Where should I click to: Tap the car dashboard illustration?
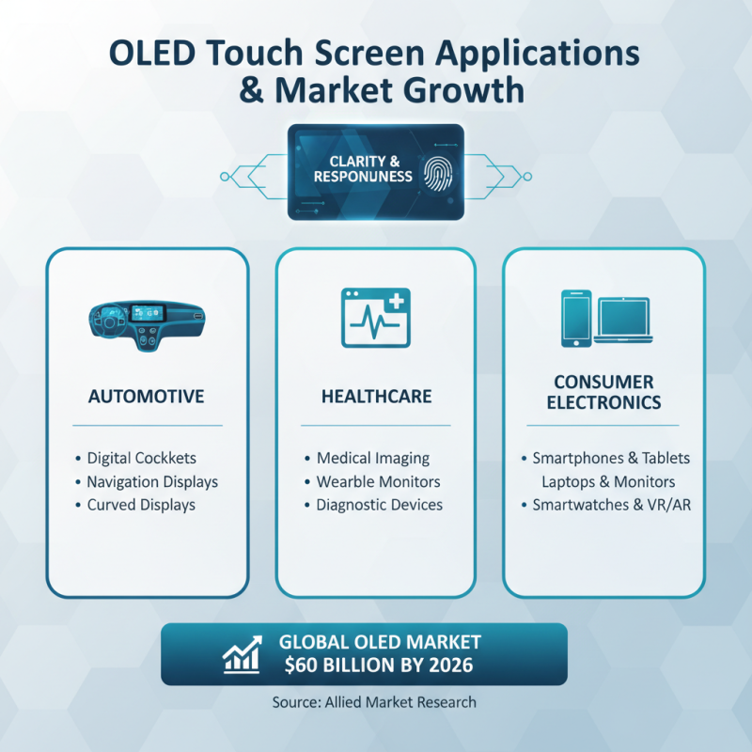coord(146,321)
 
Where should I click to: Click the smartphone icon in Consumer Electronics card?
coord(574,318)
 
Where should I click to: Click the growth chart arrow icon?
coord(242,655)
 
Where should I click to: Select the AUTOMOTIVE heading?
coord(146,397)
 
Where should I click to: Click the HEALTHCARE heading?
coord(375,397)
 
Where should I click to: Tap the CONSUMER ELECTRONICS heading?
coord(603,393)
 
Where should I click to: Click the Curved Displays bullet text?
coord(141,505)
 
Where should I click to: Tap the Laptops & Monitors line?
coord(607,481)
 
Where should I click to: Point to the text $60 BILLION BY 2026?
coord(375,666)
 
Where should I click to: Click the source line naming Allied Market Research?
coord(376,701)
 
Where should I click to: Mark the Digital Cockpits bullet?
coord(141,458)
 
